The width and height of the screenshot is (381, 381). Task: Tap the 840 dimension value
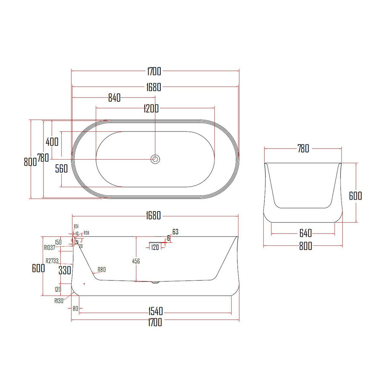coord(114,98)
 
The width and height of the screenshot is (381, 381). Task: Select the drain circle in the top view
coord(155,159)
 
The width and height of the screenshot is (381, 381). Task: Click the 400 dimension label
coord(52,142)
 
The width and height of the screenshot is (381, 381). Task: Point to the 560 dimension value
coord(61,169)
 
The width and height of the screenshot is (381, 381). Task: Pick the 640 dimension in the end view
coord(303,233)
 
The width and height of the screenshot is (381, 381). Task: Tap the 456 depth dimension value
coord(136,261)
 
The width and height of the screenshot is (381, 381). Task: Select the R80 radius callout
coord(101,270)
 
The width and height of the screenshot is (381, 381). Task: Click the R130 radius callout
coord(59,300)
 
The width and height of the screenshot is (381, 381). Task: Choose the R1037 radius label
coord(50,248)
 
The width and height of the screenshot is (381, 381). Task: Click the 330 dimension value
coord(65,270)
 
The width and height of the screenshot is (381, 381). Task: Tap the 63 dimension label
coord(175,232)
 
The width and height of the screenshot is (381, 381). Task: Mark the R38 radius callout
coord(86,233)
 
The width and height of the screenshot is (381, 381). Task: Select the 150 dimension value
coord(58,242)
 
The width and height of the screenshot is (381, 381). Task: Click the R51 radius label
coord(76,226)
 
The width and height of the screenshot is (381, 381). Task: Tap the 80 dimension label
coord(75,309)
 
